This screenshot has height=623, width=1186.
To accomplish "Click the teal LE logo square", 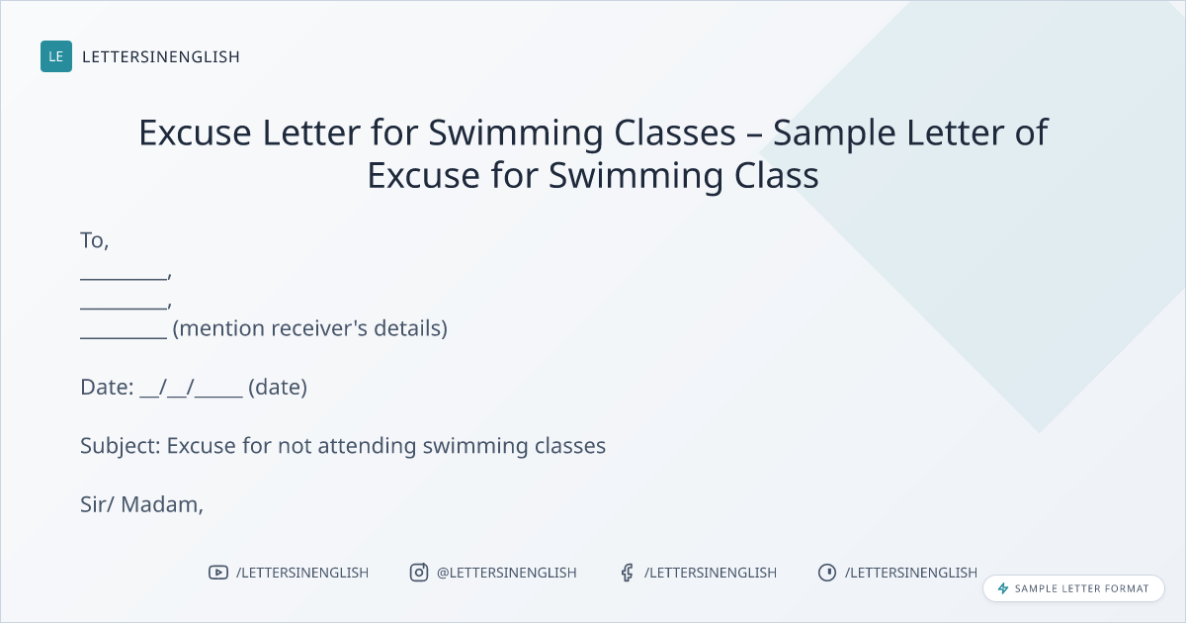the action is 56,56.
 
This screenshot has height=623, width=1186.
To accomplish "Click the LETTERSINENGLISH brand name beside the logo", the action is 161,56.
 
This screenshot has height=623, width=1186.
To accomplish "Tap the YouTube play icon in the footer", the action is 218,573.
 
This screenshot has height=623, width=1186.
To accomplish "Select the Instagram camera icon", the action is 419,573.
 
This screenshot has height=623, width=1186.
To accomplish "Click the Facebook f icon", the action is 627,573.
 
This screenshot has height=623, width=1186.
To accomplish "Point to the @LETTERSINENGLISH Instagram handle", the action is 507,573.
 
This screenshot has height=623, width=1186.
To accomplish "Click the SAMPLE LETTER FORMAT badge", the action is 1073,588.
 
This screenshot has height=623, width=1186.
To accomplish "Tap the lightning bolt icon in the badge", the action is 1003,588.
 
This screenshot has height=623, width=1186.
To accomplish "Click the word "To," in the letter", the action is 94,241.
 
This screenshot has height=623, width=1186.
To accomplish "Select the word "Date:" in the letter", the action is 107,388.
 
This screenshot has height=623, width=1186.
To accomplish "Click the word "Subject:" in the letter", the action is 121,446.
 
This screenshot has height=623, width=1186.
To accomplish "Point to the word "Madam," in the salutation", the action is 162,505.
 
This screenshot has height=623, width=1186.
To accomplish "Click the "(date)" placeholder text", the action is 278,388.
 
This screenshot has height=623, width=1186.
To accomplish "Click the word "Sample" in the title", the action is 834,133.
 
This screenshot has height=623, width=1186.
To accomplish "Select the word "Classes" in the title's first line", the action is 675,133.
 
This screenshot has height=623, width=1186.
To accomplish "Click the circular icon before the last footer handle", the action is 827,573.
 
